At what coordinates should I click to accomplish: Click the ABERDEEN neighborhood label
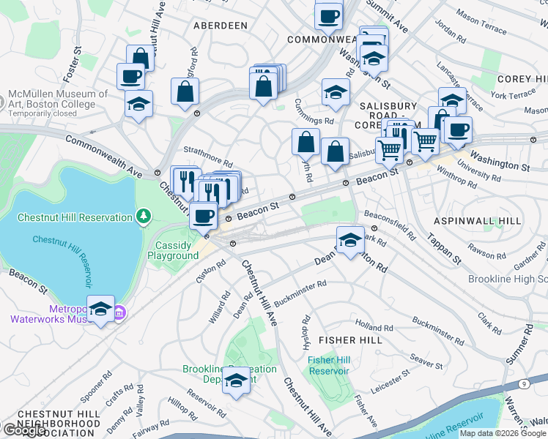pyautogui.click(x=220, y=26)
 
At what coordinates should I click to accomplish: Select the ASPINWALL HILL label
pyautogui.click(x=477, y=220)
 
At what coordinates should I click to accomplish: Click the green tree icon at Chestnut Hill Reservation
pyautogui.click(x=144, y=216)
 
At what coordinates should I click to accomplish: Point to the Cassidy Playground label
pyautogui.click(x=173, y=250)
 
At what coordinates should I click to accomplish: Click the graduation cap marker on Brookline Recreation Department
pyautogui.click(x=236, y=381)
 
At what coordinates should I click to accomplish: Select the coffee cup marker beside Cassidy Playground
pyautogui.click(x=204, y=216)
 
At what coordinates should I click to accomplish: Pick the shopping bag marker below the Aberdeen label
pyautogui.click(x=185, y=91)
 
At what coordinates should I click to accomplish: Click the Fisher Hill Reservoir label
pyautogui.click(x=329, y=365)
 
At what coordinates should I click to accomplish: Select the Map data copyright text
pyautogui.click(x=503, y=433)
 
